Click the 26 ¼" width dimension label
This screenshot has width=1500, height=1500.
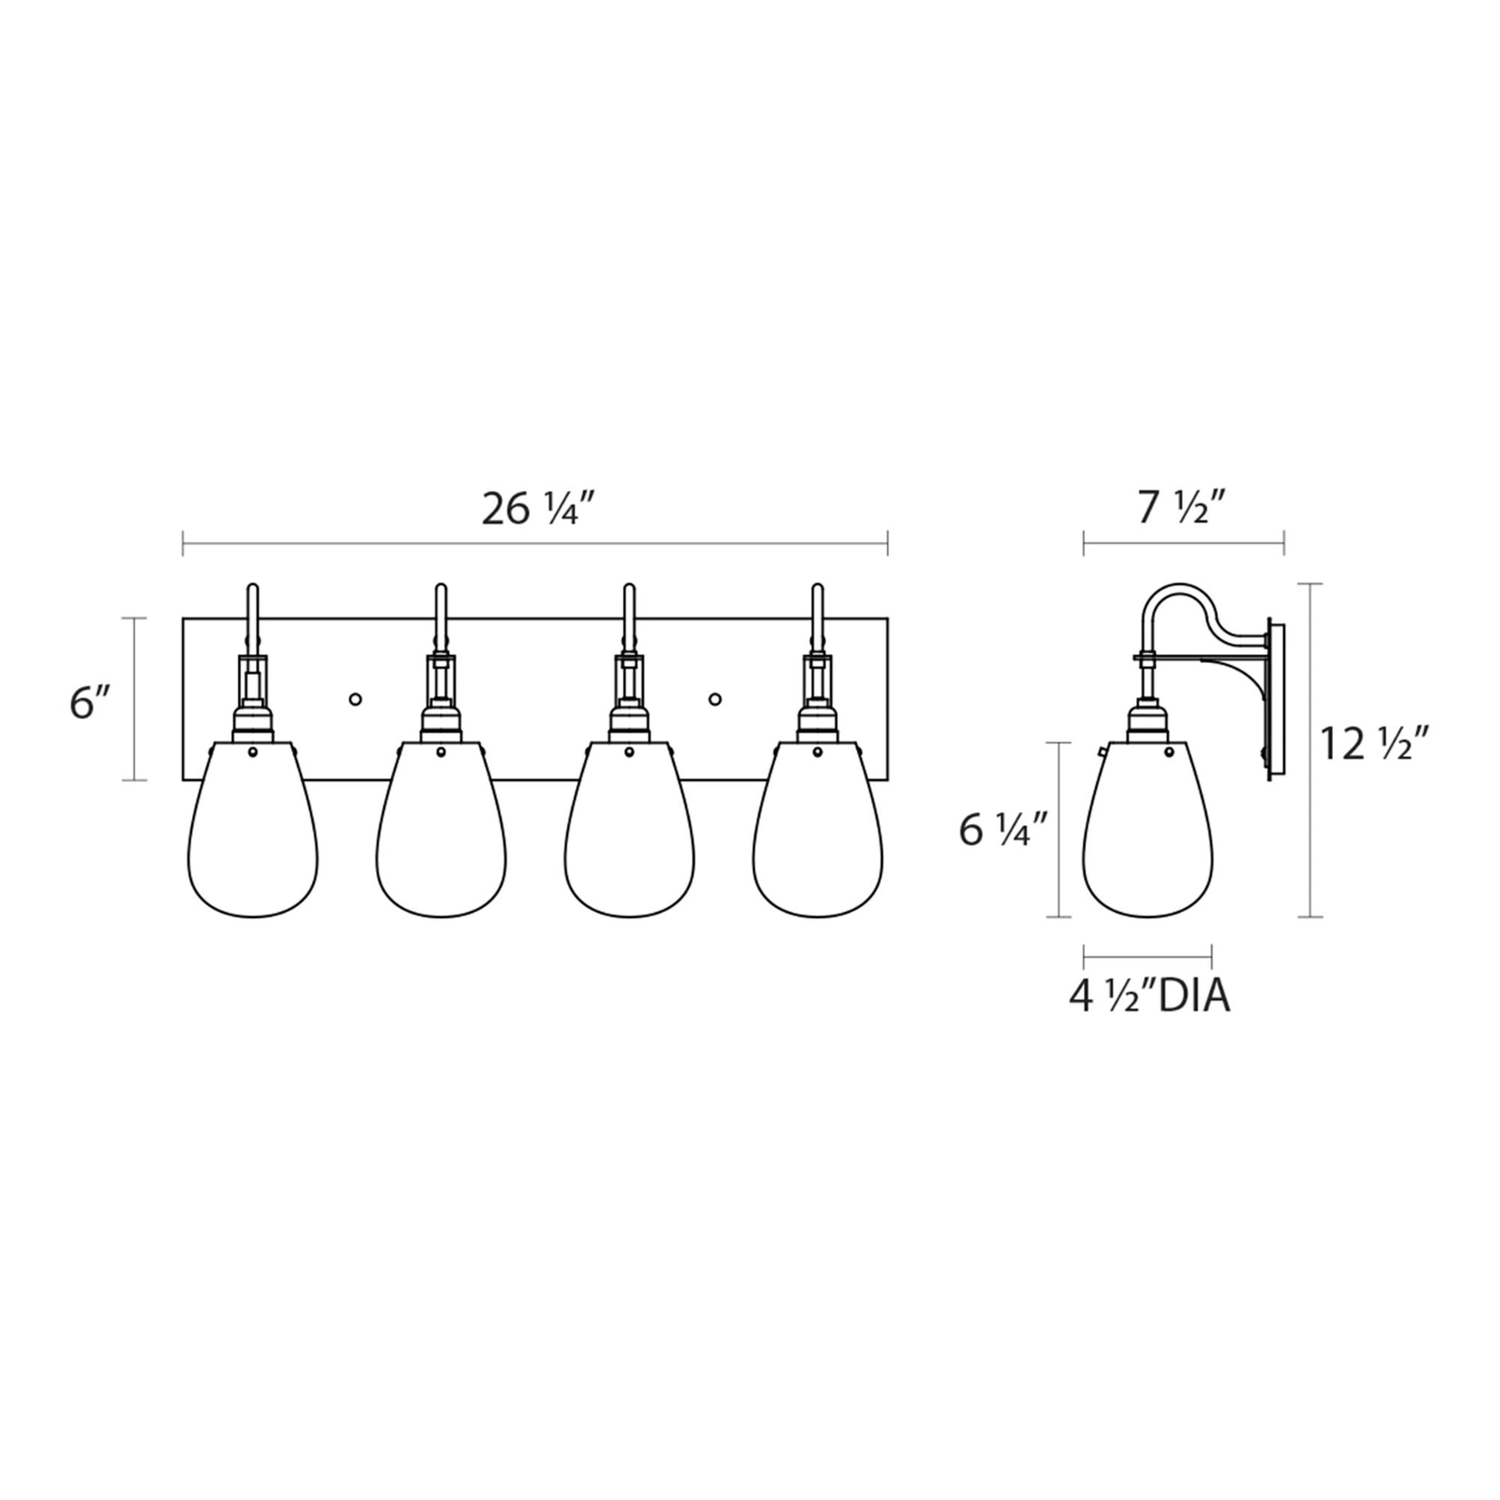(x=542, y=510)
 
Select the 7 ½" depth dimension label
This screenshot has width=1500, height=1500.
(x=1181, y=509)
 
